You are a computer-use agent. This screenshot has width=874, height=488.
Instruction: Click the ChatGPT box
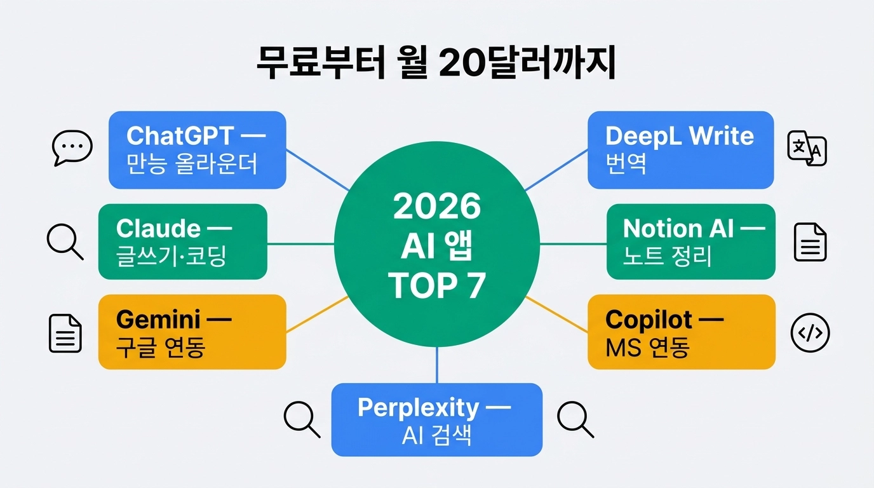197,150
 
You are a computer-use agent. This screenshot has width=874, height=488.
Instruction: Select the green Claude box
182,241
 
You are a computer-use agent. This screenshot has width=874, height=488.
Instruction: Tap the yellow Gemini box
192,332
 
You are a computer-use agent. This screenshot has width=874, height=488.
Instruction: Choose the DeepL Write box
680,150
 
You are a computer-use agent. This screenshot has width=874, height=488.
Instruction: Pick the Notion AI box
690,241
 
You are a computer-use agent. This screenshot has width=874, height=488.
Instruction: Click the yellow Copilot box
681,332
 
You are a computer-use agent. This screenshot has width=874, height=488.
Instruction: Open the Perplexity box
437,419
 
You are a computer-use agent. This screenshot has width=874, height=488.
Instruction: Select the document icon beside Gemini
65,334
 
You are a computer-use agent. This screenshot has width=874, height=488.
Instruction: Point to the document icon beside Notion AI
810,242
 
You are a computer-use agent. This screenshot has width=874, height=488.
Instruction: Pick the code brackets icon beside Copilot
810,333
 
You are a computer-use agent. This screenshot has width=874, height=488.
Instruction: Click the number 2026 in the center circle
437,207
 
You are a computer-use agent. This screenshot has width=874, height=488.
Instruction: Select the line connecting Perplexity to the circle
437,365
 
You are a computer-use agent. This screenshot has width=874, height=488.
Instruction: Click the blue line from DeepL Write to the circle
556,170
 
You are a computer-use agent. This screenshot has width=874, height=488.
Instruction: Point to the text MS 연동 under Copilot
647,348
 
